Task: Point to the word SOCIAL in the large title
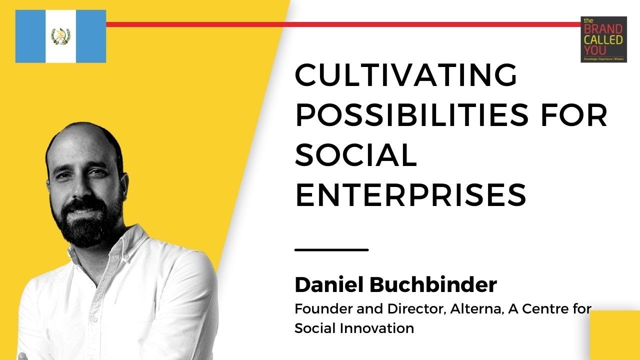(x=355, y=155)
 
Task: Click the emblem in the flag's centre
(x=60, y=36)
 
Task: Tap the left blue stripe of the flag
(x=30, y=36)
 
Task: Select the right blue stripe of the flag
(x=90, y=36)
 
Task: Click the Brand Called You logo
(x=603, y=39)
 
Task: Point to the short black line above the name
(x=331, y=249)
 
